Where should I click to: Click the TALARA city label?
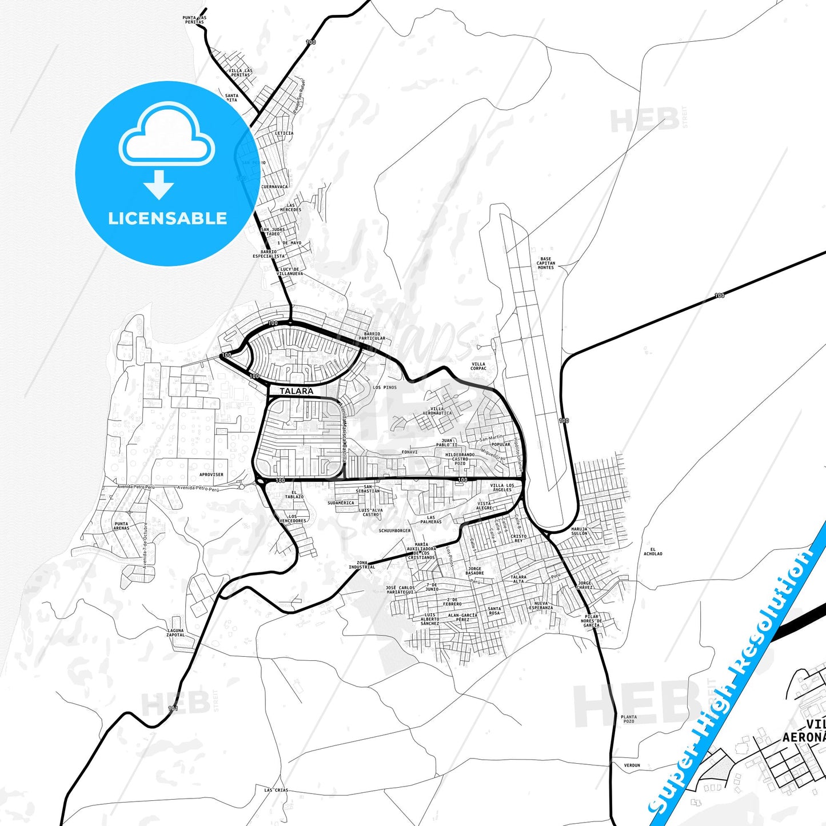pyautogui.click(x=296, y=391)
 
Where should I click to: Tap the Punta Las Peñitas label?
pyautogui.click(x=194, y=20)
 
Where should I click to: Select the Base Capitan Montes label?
pyautogui.click(x=546, y=263)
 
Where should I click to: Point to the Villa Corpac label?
pyautogui.click(x=478, y=366)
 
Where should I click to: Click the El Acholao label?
pyautogui.click(x=653, y=552)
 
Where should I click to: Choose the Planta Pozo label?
pyautogui.click(x=629, y=719)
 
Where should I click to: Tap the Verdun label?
pyautogui.click(x=632, y=765)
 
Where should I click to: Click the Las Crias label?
pyautogui.click(x=276, y=790)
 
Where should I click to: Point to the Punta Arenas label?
pyautogui.click(x=121, y=526)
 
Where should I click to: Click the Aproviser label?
pyautogui.click(x=212, y=474)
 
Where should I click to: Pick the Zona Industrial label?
pyautogui.click(x=362, y=565)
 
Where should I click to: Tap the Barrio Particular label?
pyautogui.click(x=372, y=336)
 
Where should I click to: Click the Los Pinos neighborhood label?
pyautogui.click(x=385, y=388)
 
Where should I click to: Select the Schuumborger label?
pyautogui.click(x=394, y=530)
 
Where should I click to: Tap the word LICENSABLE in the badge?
pyautogui.click(x=167, y=218)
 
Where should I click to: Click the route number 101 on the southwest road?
pyautogui.click(x=173, y=709)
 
